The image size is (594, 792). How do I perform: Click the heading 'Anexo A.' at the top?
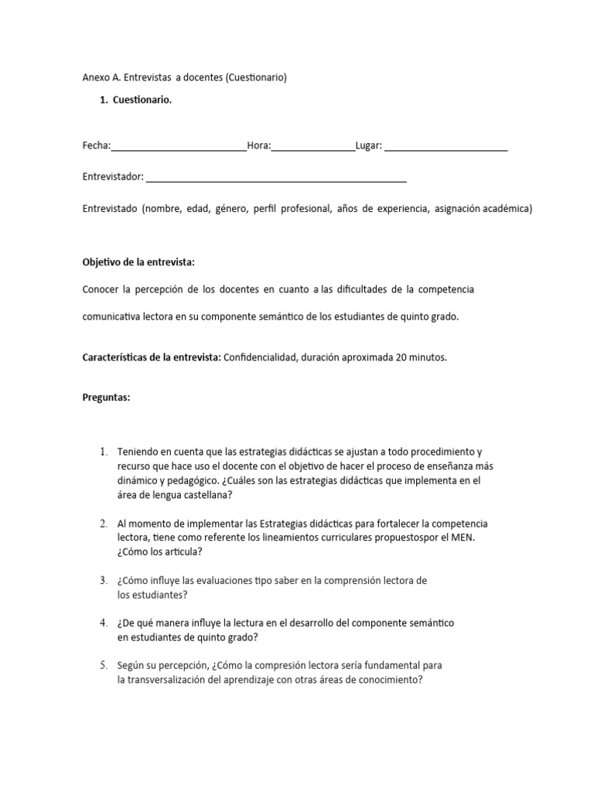tap(102, 77)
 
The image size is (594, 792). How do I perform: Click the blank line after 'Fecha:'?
tap(179, 147)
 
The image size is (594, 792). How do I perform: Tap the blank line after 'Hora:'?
tap(313, 147)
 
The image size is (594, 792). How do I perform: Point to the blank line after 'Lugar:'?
tap(446, 147)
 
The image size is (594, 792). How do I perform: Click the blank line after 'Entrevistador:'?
tap(276, 178)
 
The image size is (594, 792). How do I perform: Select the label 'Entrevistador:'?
tap(113, 177)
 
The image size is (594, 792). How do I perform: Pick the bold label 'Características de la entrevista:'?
tap(152, 357)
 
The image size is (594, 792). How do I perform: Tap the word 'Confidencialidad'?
tap(261, 357)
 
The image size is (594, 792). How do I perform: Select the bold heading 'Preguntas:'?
tap(107, 398)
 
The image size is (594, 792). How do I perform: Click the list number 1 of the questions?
tap(104, 452)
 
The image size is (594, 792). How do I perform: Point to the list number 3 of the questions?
tap(104, 580)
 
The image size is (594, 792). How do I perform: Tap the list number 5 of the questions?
tap(104, 665)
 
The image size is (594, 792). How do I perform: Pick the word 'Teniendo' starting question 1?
tap(137, 452)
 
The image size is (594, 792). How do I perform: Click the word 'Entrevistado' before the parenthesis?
tap(110, 209)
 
